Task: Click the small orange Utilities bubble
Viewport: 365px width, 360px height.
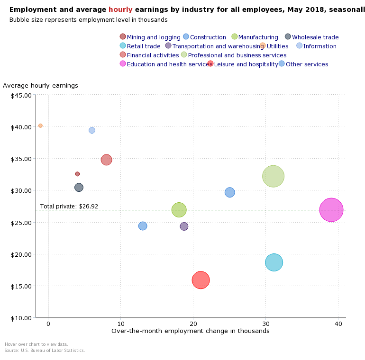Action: click(40, 126)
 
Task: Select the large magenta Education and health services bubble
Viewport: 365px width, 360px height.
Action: click(331, 209)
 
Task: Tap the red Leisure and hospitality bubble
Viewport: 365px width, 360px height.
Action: click(201, 280)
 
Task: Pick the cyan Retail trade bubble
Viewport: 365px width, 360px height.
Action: click(274, 262)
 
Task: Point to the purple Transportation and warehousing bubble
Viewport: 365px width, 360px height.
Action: click(184, 226)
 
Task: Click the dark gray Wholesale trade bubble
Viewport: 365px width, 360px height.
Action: click(79, 187)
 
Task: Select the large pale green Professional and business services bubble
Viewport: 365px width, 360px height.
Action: click(273, 176)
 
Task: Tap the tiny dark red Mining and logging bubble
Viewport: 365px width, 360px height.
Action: click(77, 174)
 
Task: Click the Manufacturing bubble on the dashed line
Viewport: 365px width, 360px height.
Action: click(179, 209)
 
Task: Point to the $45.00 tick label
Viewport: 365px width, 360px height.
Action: click(21, 95)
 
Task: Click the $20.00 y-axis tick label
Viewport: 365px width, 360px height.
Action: click(21, 254)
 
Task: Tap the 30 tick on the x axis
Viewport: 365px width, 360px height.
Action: click(265, 324)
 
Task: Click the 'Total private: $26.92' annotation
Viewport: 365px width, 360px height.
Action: click(69, 207)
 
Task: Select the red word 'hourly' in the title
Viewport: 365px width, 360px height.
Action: click(120, 9)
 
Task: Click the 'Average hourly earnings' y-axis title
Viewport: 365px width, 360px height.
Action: click(40, 86)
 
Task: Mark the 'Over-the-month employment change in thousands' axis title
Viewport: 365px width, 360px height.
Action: click(190, 331)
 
